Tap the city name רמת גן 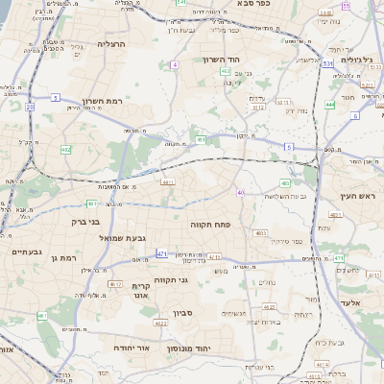pyautogui.click(x=64, y=258)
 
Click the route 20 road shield pyautogui.click(x=30, y=107)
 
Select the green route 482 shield pyautogui.click(x=65, y=150)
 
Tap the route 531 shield pyautogui.click(x=327, y=63)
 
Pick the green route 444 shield pyautogui.click(x=329, y=104)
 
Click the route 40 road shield pyautogui.click(x=240, y=193)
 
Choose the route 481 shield pyautogui.click(x=91, y=204)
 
